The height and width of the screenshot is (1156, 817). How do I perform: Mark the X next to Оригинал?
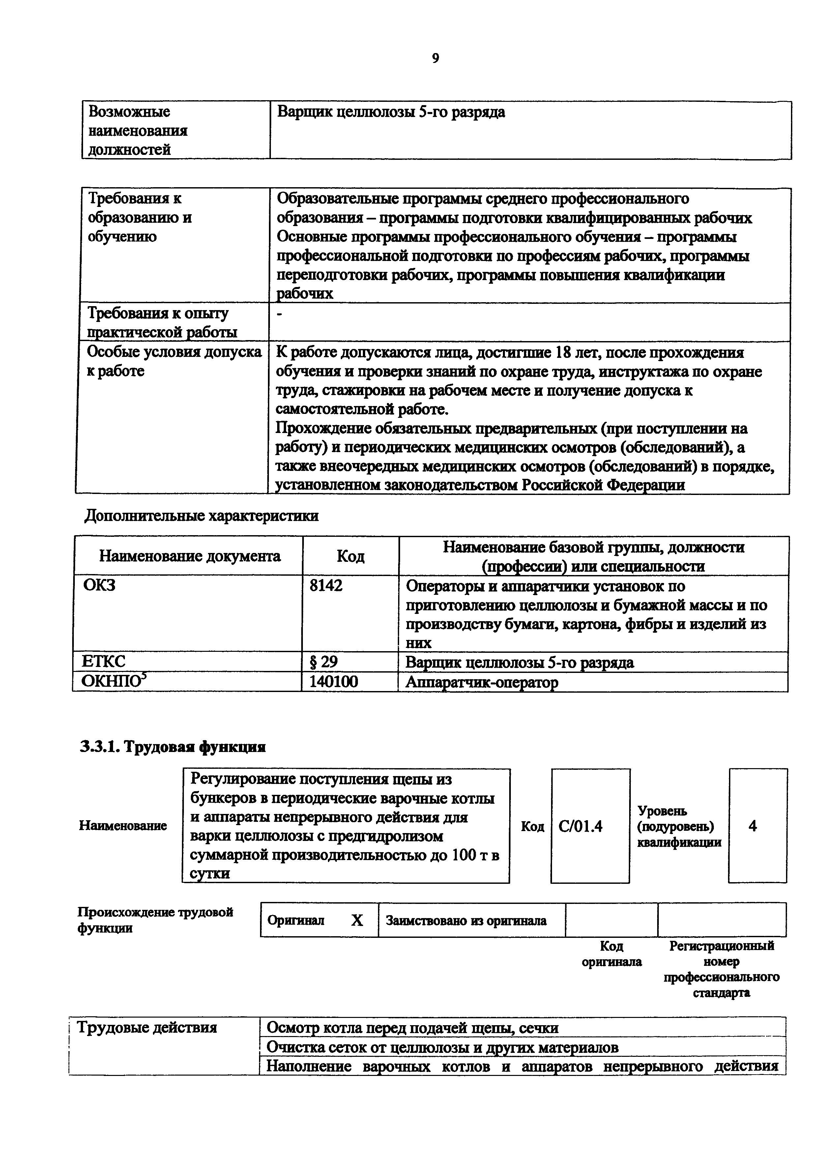point(357,920)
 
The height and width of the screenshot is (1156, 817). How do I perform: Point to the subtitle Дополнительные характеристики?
point(201,516)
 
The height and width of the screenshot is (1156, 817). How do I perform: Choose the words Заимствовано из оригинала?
point(466,920)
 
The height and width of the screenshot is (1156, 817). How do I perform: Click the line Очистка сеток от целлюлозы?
point(442,1047)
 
